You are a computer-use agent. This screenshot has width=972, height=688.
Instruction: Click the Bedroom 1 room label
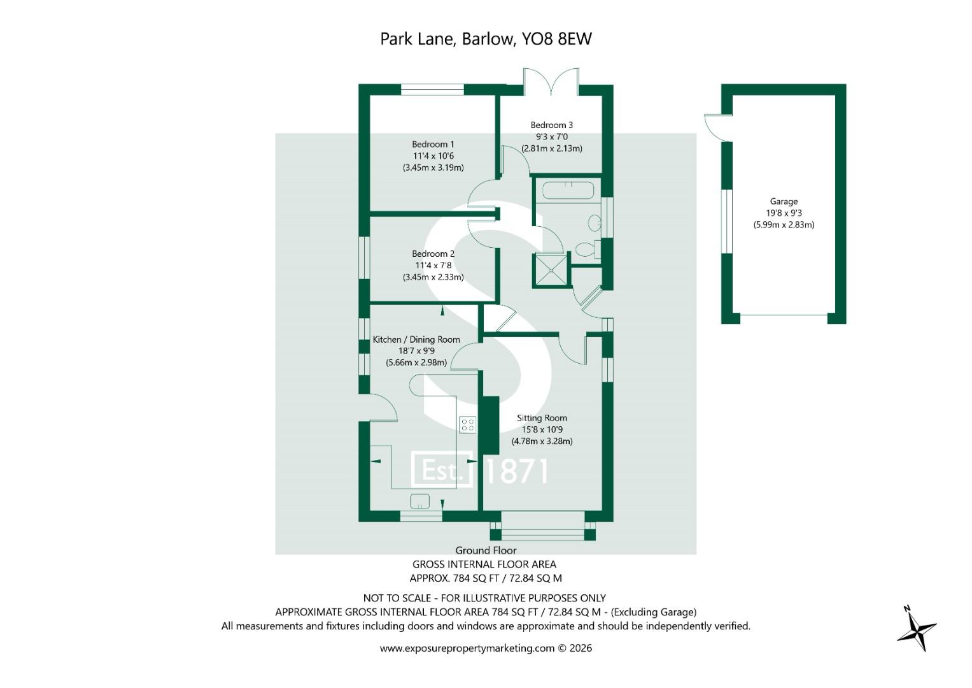point(433,144)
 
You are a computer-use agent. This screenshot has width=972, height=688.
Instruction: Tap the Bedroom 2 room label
point(433,254)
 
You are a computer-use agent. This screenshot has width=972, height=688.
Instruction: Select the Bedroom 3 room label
point(551,125)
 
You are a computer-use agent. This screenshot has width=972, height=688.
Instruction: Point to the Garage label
point(783,201)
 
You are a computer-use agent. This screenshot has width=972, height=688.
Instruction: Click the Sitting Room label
point(542,419)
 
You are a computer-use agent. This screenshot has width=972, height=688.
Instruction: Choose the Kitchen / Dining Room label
point(416,340)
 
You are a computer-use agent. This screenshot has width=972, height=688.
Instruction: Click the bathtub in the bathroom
point(568,190)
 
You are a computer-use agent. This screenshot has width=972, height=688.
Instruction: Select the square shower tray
point(551,270)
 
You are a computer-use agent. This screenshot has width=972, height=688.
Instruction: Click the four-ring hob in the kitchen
point(468,424)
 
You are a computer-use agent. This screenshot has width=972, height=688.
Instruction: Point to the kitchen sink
point(419,501)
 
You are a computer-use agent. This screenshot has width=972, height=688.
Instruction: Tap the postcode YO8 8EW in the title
point(556,39)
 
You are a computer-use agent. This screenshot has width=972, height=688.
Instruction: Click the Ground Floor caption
point(486,551)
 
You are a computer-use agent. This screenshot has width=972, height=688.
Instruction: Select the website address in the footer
point(467,649)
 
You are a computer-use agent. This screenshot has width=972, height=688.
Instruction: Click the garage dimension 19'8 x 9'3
point(784,213)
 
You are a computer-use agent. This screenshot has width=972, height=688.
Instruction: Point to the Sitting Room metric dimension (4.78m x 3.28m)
point(542,441)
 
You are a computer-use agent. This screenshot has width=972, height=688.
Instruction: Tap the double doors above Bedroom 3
point(551,82)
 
